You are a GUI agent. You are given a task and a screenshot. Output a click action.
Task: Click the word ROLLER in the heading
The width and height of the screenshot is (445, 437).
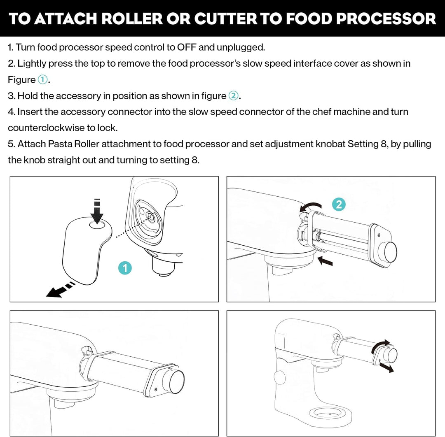coord(132,19)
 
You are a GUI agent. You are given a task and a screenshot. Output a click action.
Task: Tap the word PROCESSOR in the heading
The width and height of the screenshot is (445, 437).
coord(386,19)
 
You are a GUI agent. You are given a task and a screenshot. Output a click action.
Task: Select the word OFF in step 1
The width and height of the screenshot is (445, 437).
coord(187,47)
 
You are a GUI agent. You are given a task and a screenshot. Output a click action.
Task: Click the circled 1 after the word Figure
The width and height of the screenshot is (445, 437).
coord(42,80)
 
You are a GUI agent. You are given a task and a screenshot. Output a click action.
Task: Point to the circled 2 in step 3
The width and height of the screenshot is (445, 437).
coord(234,96)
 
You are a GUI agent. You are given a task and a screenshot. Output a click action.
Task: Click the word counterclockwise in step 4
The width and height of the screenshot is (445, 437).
coord(46,128)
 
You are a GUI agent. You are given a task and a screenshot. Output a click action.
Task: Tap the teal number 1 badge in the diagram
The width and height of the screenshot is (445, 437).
coord(125,268)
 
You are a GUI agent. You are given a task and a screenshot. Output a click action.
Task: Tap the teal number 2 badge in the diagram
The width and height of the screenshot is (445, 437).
coord(339,205)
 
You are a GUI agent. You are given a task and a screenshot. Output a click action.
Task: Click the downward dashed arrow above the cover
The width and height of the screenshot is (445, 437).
coord(97,211)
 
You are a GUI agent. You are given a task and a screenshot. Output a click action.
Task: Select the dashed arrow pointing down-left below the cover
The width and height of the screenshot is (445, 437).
coord(60,290)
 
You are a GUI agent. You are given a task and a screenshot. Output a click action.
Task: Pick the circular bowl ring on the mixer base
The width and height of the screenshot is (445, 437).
coord(330,414)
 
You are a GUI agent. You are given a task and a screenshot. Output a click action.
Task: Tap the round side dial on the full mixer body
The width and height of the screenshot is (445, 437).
coord(279,377)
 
